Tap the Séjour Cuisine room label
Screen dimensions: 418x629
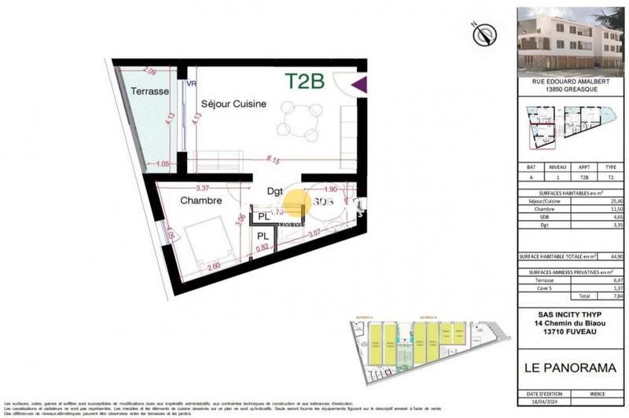click(x=234, y=104)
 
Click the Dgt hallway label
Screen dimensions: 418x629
click(x=274, y=190)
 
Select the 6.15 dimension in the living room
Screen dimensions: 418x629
click(x=274, y=159)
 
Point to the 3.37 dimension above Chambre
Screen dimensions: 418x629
click(x=202, y=188)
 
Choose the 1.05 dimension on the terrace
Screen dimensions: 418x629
click(x=164, y=164)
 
